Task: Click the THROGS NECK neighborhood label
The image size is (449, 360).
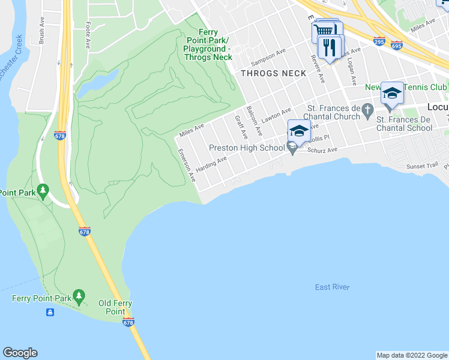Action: click(x=273, y=73)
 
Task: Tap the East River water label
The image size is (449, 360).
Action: click(x=332, y=287)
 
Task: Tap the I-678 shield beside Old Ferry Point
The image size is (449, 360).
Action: click(x=128, y=323)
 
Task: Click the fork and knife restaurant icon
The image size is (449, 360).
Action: click(x=329, y=47)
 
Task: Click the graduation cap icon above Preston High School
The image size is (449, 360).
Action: click(x=298, y=130)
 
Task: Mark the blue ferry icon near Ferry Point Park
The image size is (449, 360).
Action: click(x=50, y=312)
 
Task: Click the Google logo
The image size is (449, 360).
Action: click(x=20, y=353)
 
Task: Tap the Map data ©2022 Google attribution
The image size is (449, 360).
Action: click(x=411, y=355)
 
